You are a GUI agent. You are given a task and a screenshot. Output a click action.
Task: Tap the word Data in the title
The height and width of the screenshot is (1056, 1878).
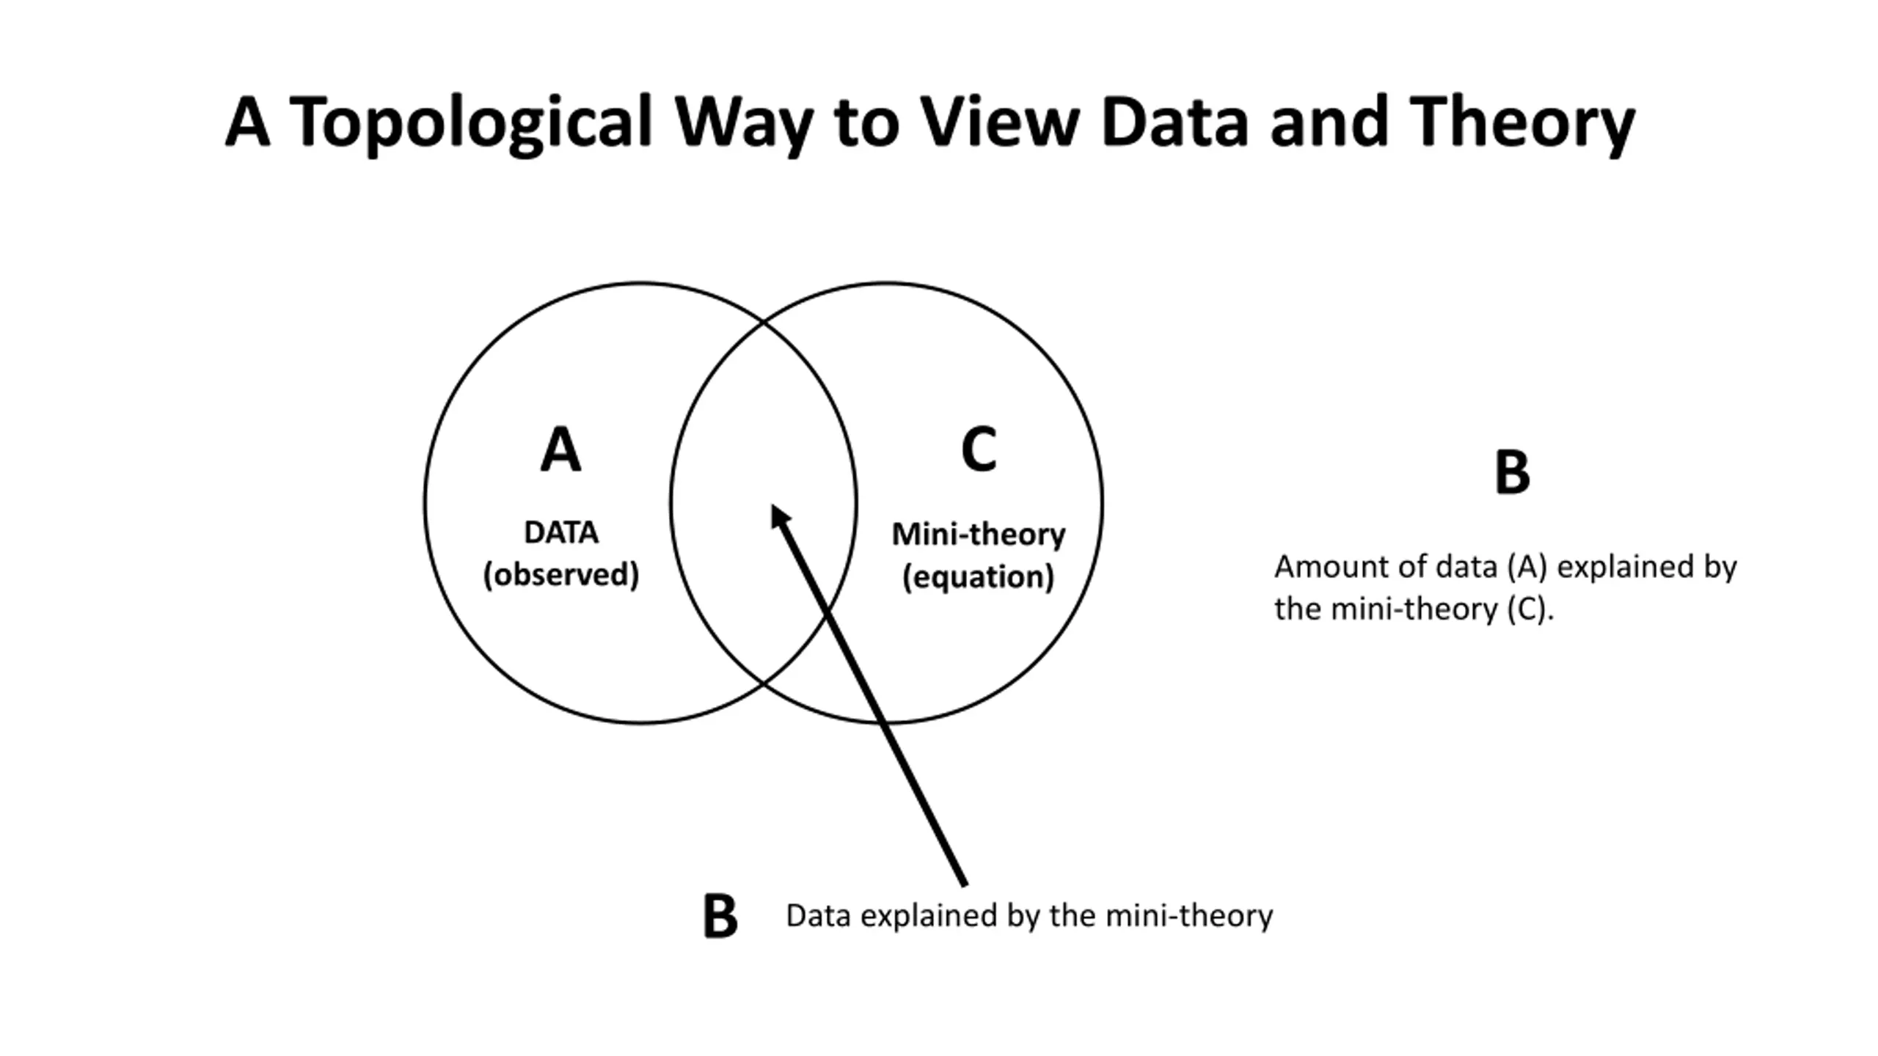coord(1174,121)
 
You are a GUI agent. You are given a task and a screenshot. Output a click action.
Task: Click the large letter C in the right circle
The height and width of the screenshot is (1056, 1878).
coord(979,449)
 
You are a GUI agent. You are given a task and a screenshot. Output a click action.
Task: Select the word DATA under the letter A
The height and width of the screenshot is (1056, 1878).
coord(561,532)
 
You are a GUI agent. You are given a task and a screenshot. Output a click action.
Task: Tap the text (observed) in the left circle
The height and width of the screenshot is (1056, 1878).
coord(561,574)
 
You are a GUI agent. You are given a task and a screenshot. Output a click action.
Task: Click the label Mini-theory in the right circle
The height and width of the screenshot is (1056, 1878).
coord(979,534)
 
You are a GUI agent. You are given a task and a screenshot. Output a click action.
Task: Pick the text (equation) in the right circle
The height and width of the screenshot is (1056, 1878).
coord(979,576)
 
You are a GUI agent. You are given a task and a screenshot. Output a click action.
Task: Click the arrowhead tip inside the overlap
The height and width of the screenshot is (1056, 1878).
coord(772,505)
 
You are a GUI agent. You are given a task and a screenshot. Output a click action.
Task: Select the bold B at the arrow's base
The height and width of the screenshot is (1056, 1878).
coord(720,916)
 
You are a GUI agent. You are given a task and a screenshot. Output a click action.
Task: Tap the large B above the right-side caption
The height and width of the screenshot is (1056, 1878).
coord(1512,472)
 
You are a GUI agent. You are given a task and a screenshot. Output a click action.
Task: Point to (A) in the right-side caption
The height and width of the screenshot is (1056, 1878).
coord(1527,567)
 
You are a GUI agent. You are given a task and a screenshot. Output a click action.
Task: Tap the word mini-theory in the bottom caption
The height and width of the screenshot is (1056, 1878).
coord(1188,917)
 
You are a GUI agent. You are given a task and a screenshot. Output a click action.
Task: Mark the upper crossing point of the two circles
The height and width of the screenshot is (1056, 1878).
coord(763,320)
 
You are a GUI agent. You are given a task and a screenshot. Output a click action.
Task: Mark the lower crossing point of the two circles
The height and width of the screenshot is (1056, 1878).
coord(763,685)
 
